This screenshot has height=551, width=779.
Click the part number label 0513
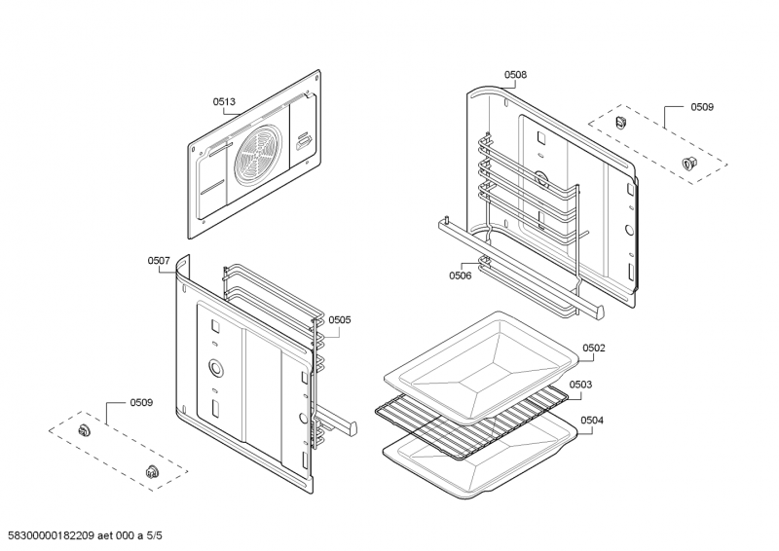(x=224, y=100)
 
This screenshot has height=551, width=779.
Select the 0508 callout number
(x=515, y=74)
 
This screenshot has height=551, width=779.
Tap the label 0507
(x=159, y=260)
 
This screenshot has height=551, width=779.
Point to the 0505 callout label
(x=339, y=319)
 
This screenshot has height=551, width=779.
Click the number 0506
(x=461, y=275)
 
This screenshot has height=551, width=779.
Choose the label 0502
(x=594, y=348)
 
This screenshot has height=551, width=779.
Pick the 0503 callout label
(x=580, y=385)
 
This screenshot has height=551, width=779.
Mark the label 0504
(x=592, y=421)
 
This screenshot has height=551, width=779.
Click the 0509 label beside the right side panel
(x=702, y=106)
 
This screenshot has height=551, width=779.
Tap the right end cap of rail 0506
(x=596, y=311)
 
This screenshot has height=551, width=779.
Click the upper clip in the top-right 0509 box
(x=620, y=121)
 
